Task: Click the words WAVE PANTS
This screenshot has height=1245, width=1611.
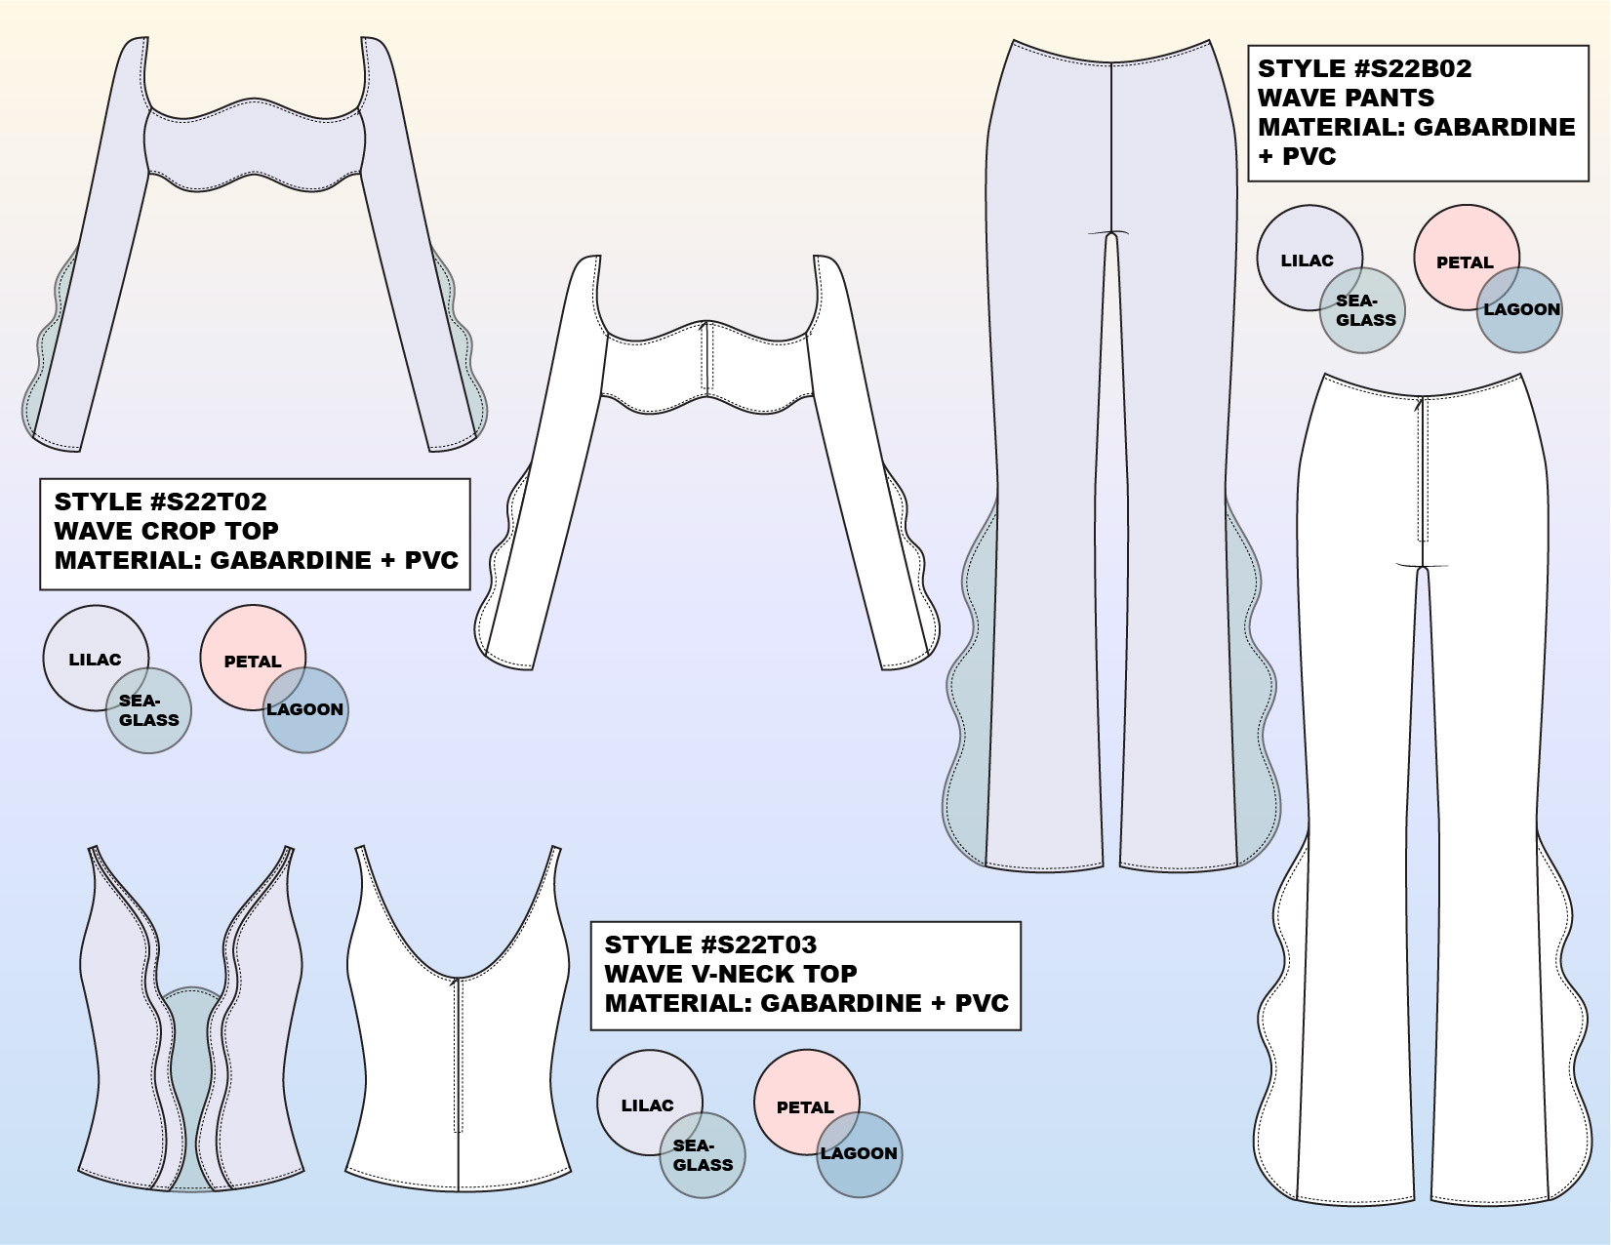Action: pos(1346,99)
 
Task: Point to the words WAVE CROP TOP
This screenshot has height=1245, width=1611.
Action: pos(166,532)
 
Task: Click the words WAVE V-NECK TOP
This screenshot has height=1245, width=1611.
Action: pos(730,975)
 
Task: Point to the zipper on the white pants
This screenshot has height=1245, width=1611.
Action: pos(1422,468)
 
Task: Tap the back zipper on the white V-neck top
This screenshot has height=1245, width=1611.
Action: pos(458,1054)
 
